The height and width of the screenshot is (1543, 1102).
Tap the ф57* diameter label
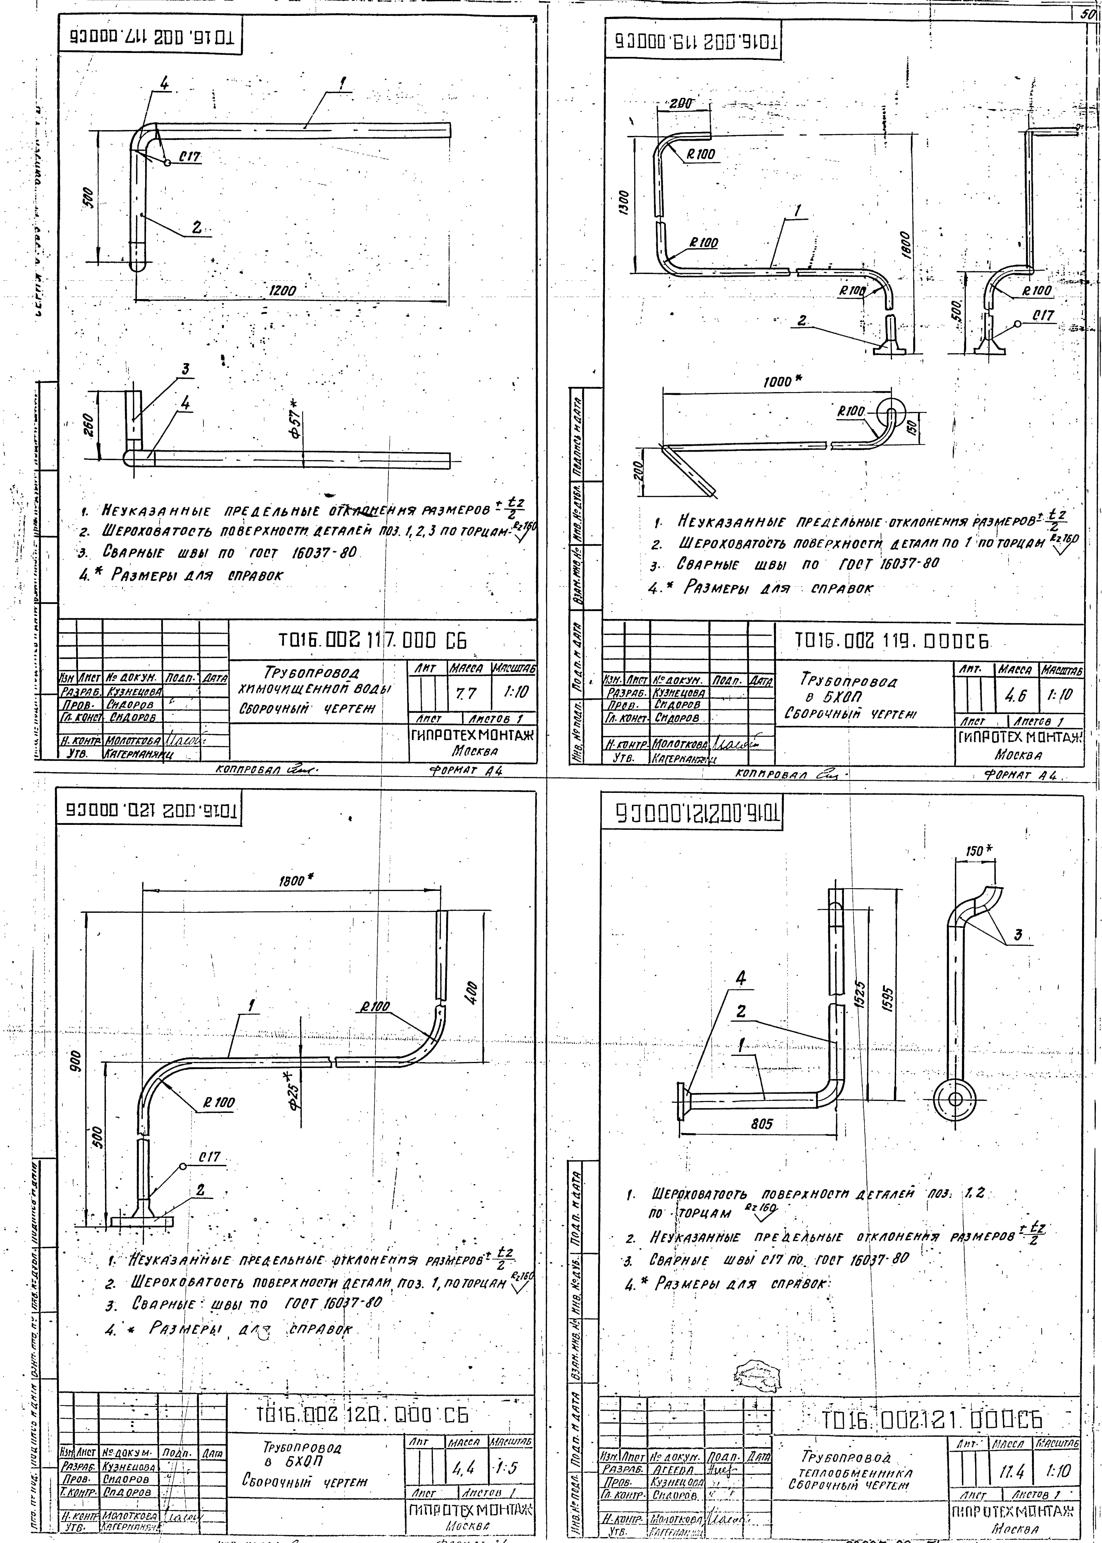pos(296,425)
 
